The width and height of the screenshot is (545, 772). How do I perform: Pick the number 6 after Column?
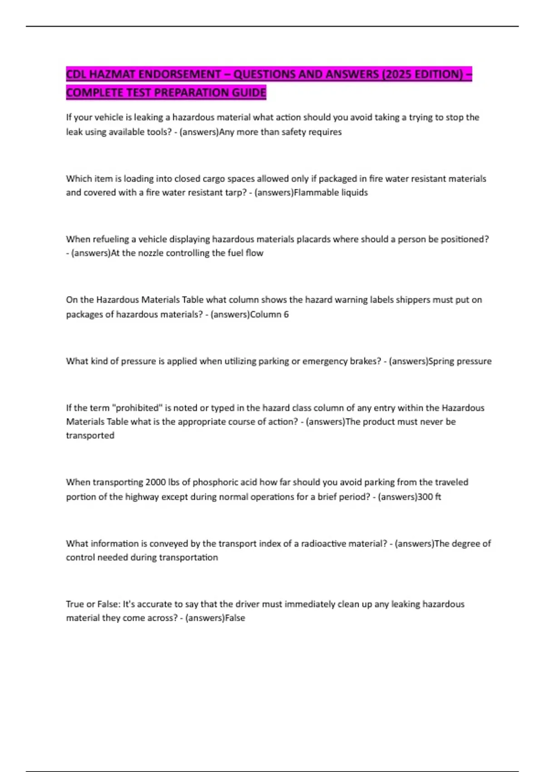coord(286,314)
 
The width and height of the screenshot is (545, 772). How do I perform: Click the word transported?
coord(90,435)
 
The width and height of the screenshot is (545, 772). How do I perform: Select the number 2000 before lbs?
coord(155,482)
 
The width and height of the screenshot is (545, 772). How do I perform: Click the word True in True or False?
coord(75,604)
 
